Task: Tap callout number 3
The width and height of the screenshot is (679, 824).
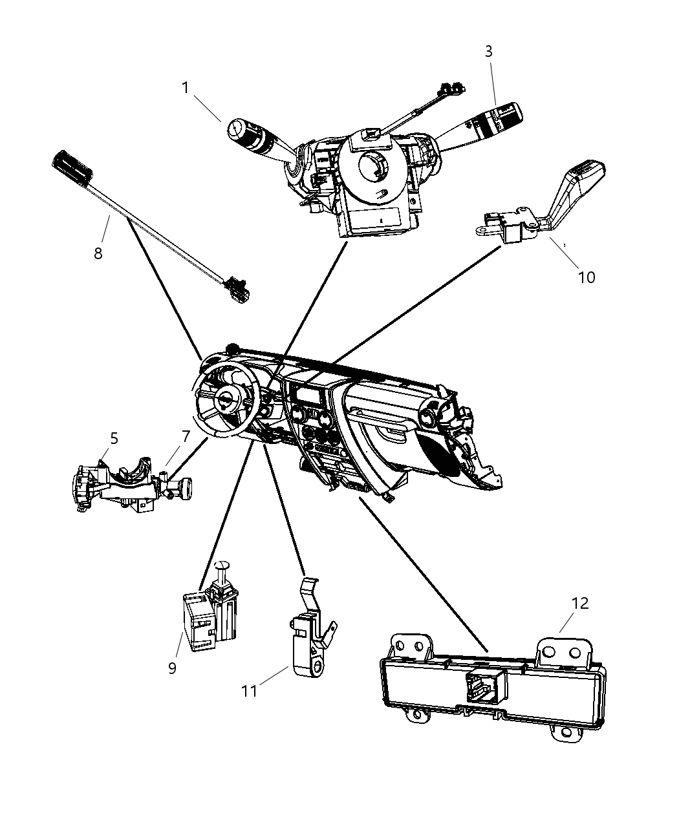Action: point(489,52)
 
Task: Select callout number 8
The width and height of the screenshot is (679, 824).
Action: point(98,253)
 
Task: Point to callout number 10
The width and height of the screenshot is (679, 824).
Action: point(586,277)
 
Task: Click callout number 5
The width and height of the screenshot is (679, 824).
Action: point(114,439)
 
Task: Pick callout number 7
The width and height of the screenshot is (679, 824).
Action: point(186,437)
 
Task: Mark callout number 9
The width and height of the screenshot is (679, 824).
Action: point(172,668)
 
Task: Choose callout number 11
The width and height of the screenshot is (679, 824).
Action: point(250,691)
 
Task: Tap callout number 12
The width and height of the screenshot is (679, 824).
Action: point(580,603)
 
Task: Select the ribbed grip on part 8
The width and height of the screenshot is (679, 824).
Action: point(72,167)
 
